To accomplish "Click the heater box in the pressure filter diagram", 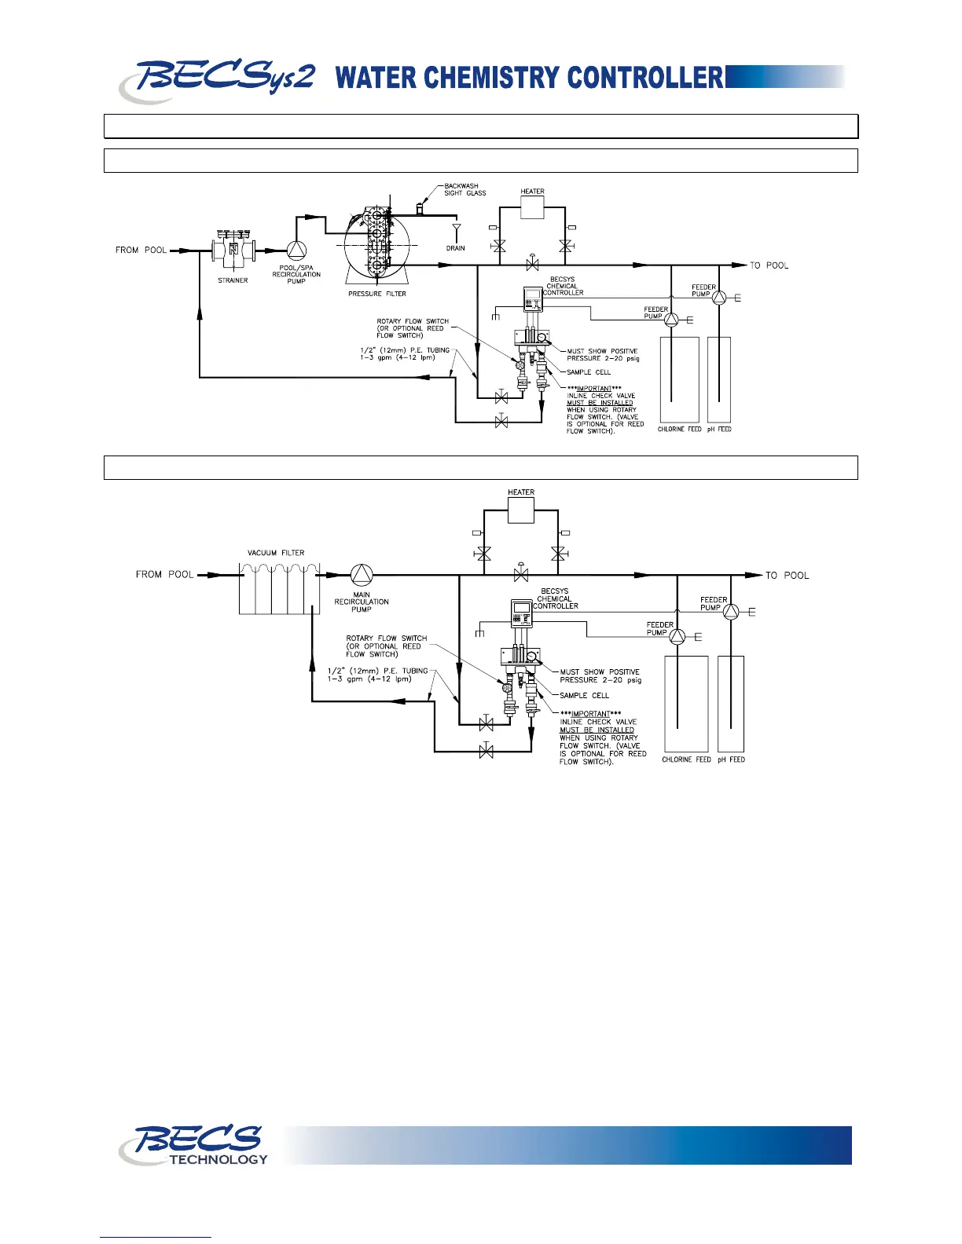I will (x=532, y=207).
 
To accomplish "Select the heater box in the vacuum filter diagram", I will (x=521, y=510).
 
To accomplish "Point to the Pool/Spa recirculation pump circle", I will (x=296, y=251).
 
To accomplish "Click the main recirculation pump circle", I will (x=362, y=575).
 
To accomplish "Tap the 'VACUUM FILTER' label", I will (x=276, y=553).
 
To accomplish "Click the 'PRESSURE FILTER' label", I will (x=377, y=294).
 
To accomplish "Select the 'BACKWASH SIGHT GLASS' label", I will (x=464, y=189).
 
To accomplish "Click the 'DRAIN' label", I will (x=456, y=248).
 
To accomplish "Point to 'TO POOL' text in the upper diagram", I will (x=769, y=265).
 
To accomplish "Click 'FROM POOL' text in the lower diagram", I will (x=164, y=574).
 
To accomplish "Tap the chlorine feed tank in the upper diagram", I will (x=679, y=379).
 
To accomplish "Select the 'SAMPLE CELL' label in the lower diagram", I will (x=584, y=695).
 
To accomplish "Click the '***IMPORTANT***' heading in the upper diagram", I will (x=594, y=388).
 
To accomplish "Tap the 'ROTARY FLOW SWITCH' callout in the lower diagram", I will (x=386, y=638).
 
